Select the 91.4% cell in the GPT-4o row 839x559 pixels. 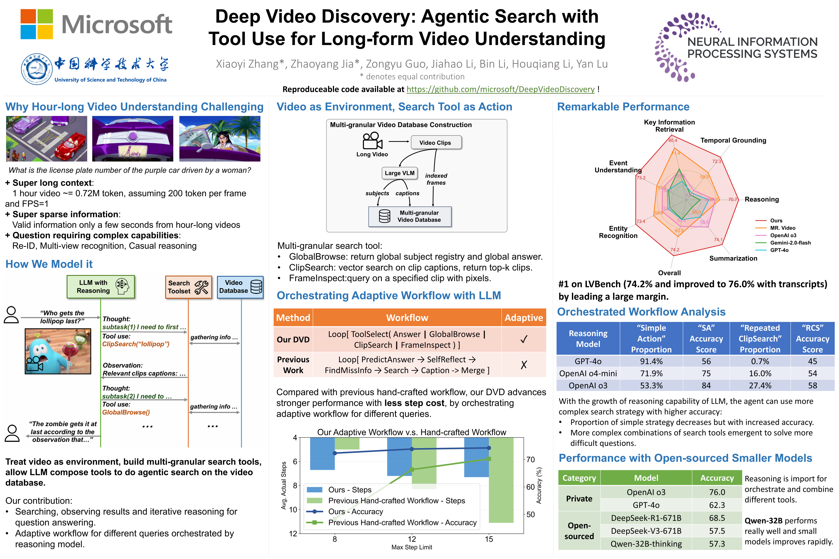pyautogui.click(x=651, y=361)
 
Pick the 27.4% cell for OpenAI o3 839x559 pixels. pyautogui.click(x=760, y=385)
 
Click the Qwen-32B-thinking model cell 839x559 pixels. pyautogui.click(x=646, y=544)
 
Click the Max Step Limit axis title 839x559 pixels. pyautogui.click(x=412, y=547)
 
